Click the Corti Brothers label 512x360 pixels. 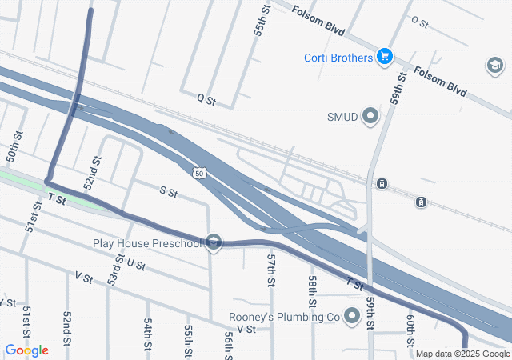(x=338, y=58)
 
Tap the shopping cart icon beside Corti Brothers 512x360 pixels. (x=385, y=56)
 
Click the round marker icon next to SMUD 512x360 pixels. (x=370, y=118)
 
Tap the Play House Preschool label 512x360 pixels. (x=147, y=242)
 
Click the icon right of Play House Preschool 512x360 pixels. (x=213, y=242)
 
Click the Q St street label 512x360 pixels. (x=206, y=100)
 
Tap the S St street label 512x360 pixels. (x=168, y=191)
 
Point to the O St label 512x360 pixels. (x=420, y=23)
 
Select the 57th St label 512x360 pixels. (x=271, y=273)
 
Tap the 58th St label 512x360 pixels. (x=313, y=284)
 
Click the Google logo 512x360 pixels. (x=26, y=350)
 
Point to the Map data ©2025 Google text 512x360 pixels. (x=462, y=354)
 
